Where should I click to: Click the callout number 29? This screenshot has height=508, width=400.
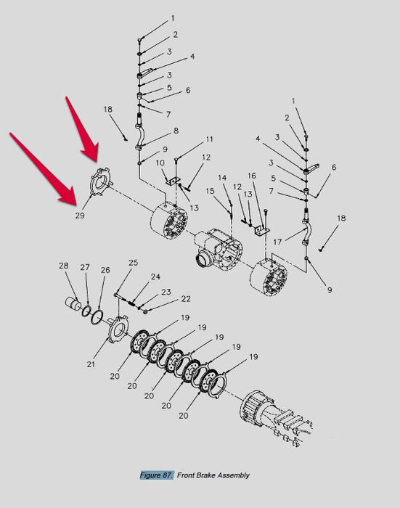[80, 215]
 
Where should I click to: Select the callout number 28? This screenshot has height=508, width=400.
[64, 266]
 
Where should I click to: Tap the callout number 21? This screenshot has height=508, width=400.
[91, 364]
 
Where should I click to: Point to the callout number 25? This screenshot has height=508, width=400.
[134, 263]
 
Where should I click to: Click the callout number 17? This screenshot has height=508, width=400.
[277, 242]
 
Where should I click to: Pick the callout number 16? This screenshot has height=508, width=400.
[252, 176]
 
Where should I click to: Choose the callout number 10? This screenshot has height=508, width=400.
[160, 163]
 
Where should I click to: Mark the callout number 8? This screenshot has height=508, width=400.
[176, 131]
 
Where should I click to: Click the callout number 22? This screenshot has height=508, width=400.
[186, 298]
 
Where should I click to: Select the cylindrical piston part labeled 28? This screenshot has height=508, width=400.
[74, 304]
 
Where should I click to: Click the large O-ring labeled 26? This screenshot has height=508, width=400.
[97, 316]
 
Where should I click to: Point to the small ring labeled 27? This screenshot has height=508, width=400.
[86, 310]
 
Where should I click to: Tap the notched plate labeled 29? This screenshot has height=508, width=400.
[100, 182]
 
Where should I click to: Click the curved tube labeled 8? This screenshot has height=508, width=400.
[141, 135]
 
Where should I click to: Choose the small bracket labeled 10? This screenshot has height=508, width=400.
[173, 181]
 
